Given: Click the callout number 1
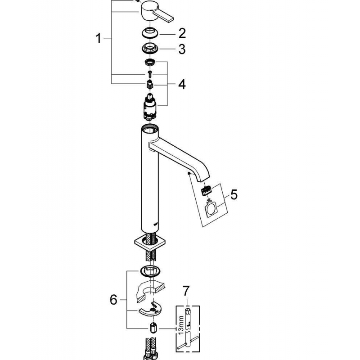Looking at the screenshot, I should pos(99,39).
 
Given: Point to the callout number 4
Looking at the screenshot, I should pos(181,84).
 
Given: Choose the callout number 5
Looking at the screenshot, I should pos(234,195).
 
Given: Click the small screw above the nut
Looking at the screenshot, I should pos(149,73).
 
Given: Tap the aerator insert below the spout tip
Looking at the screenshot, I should pos(207,191).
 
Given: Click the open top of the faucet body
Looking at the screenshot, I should pos(148,128).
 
